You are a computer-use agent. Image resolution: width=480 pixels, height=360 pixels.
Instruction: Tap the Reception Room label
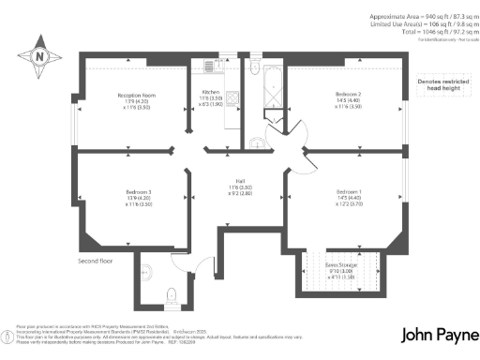point(135,99)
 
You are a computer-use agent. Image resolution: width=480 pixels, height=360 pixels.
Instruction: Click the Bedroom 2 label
point(348,99)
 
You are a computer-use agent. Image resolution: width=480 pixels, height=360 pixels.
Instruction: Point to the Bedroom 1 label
point(348,200)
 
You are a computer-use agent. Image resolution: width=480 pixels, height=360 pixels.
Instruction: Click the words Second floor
point(96,261)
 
